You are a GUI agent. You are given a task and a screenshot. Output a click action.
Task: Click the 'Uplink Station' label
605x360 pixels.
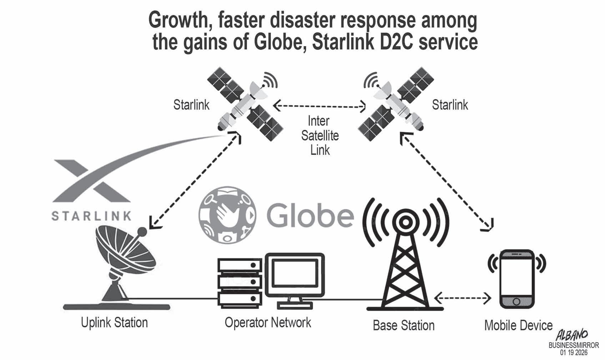[114, 322]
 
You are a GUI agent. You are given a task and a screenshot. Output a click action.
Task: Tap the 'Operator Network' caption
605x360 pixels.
[268, 322]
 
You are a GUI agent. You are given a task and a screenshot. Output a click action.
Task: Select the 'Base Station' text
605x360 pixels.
[403, 325]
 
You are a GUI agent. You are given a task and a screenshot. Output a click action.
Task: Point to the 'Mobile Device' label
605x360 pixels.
[518, 325]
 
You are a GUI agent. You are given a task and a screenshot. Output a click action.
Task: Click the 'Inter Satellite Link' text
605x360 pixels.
[320, 136]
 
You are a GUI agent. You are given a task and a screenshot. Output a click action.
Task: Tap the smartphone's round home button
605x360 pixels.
[516, 302]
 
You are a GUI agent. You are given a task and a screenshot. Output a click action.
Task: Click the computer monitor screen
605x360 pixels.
[295, 274]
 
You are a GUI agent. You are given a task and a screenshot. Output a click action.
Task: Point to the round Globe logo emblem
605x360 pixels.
[228, 215]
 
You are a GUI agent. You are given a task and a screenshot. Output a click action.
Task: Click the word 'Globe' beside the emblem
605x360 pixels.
[310, 216]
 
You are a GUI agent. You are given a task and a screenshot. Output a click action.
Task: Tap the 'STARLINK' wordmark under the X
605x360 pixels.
[91, 216]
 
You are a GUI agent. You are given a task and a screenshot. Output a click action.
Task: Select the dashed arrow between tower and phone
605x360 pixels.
[463, 298]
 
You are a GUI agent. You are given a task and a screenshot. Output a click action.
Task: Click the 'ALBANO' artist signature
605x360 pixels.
[572, 335]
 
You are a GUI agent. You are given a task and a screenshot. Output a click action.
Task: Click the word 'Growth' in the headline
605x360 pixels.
[181, 21]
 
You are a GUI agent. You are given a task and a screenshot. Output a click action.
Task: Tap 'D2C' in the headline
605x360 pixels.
[395, 42]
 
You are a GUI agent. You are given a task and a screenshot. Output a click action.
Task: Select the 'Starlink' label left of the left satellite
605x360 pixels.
[191, 105]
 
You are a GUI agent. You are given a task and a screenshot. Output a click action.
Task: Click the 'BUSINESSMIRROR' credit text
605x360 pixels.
[574, 346]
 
